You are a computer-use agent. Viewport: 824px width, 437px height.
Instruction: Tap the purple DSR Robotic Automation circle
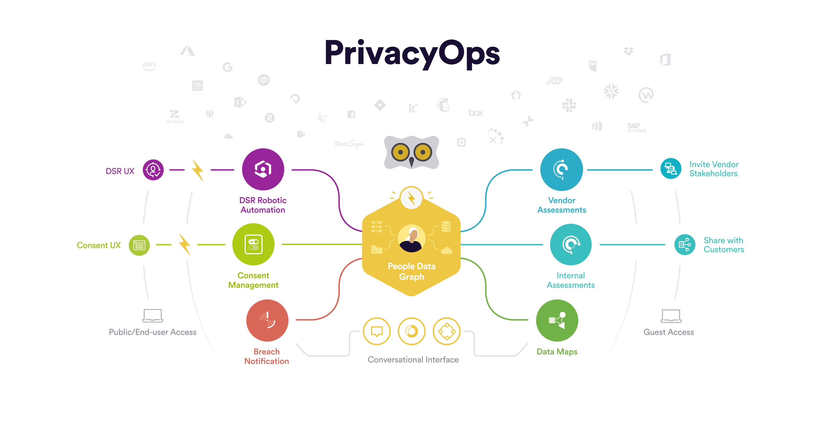[x=263, y=169]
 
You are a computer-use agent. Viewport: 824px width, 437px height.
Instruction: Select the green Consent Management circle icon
[x=253, y=244]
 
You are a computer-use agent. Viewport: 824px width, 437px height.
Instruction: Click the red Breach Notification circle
[x=267, y=320]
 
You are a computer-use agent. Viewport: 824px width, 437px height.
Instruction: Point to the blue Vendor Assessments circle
[x=562, y=169]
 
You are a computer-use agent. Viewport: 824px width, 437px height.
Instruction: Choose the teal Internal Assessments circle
[x=571, y=244]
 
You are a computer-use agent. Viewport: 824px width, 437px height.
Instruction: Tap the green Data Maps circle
[x=557, y=320]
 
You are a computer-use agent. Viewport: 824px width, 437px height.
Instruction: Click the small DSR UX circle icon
[x=153, y=170]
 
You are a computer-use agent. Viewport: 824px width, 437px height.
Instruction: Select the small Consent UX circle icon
[x=139, y=245]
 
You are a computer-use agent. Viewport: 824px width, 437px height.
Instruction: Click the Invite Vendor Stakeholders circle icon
[x=671, y=169]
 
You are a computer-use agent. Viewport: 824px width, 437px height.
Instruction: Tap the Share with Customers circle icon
[x=685, y=244]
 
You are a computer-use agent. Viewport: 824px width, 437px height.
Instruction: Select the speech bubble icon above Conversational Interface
[x=377, y=331]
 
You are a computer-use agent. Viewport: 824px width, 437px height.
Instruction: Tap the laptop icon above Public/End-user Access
[x=153, y=316]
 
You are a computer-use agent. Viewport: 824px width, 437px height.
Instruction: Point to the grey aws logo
[x=149, y=66]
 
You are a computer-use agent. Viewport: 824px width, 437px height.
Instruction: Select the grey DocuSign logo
[x=350, y=144]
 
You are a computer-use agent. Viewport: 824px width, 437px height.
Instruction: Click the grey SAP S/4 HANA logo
[x=637, y=128]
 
